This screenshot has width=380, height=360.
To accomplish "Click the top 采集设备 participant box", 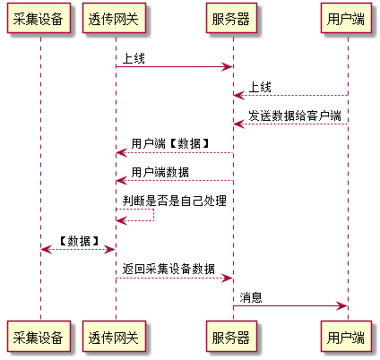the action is (39, 18).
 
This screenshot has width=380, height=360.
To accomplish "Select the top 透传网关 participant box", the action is (114, 18).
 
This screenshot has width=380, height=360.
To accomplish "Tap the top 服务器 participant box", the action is (231, 18).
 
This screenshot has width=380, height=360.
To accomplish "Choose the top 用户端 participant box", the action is (346, 18).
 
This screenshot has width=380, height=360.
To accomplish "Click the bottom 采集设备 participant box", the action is (39, 336).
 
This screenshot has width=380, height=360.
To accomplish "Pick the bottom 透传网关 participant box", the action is (114, 336).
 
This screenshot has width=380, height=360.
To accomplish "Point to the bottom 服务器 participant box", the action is (231, 336).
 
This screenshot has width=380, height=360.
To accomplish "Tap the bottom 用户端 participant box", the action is (346, 336).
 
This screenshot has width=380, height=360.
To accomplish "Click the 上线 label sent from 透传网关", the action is (134, 58).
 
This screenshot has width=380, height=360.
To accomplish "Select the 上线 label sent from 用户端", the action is (260, 87).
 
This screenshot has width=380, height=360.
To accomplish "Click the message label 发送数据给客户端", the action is (295, 116).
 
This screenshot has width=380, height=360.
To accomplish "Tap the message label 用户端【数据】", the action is (170, 143).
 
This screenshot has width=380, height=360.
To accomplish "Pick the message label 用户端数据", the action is (160, 172).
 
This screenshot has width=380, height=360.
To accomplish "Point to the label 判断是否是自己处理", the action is (175, 201).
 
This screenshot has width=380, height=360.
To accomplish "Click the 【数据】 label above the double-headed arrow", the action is (79, 241).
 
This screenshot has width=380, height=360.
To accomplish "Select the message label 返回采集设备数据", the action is (168, 269).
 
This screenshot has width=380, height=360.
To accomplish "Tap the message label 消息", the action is (251, 297).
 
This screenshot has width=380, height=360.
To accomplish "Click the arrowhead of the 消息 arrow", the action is (342, 305).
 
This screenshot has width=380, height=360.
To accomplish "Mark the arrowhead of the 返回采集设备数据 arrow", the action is (227, 279).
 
